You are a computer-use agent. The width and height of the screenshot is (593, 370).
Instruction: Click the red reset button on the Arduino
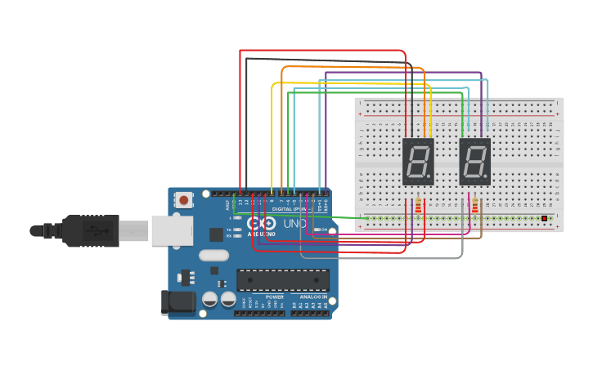coord(184,199)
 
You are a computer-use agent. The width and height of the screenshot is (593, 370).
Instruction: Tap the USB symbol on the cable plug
coord(97,230)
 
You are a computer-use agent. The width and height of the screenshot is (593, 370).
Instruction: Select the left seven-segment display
coord(417,161)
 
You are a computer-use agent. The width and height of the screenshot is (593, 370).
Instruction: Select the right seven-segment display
coord(474,161)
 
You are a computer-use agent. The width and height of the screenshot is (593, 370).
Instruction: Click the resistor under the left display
coord(418,206)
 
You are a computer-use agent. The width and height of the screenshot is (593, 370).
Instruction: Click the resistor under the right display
coord(475,206)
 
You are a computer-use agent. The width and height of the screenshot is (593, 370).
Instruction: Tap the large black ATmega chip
coord(283,280)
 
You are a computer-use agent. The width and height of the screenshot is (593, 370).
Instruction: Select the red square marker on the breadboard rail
coord(544,218)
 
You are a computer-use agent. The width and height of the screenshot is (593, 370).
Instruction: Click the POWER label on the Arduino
coord(263,297)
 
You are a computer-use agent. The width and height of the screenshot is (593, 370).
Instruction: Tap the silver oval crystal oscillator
coord(213,254)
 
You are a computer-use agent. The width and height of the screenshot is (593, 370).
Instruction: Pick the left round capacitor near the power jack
coord(209,300)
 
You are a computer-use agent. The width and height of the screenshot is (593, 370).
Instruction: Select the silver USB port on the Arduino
coord(171,231)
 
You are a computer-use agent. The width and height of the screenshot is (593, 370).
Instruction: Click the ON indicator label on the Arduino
coord(325,230)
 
